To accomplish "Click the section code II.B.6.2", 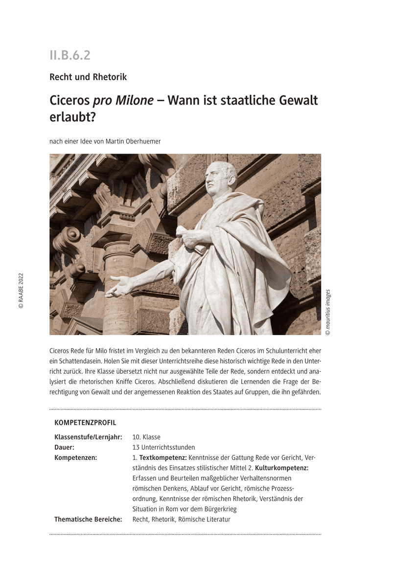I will click(69, 55).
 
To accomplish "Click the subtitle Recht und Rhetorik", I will click(88, 77).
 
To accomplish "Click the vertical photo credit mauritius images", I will click(327, 312).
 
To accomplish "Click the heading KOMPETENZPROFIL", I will click(85, 423).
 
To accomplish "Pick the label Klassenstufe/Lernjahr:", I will click(88, 437).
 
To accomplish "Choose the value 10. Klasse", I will click(146, 437).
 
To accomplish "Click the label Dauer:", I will click(64, 447).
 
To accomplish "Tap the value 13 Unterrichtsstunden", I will click(163, 447).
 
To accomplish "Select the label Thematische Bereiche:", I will click(88, 519).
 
